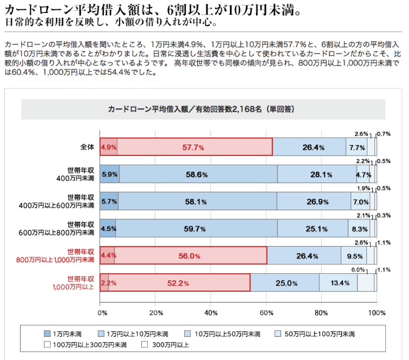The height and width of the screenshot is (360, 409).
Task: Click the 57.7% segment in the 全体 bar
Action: click(x=194, y=147)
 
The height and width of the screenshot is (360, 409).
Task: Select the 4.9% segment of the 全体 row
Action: click(x=108, y=147)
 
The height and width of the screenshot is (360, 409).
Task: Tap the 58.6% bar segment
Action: click(x=198, y=174)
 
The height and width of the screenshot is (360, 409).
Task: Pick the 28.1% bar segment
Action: click(x=317, y=174)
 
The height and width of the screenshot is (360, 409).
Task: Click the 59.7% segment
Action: click(x=196, y=228)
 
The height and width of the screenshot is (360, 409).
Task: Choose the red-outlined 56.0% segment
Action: click(x=191, y=256)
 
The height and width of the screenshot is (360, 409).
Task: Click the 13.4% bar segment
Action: click(x=338, y=283)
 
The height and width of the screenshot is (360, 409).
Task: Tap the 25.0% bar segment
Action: click(x=284, y=283)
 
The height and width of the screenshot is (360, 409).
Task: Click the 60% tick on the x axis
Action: click(x=266, y=313)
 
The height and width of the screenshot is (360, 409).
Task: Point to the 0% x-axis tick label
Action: click(x=102, y=313)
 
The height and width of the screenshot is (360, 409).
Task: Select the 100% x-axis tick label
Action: click(x=377, y=313)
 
